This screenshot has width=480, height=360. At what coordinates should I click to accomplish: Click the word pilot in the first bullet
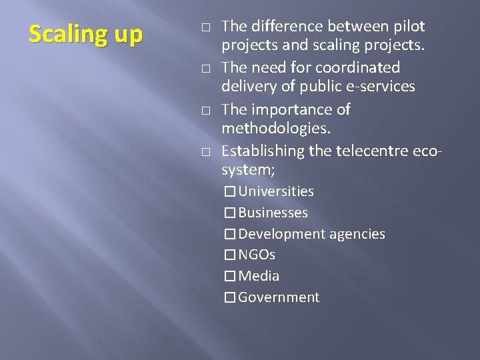[408, 27]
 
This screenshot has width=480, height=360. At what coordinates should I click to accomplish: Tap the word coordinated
[357, 68]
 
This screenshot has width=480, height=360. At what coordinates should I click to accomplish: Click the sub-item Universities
[276, 192]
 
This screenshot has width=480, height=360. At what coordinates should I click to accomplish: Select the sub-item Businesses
[273, 213]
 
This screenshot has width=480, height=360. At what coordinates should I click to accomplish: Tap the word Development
[281, 234]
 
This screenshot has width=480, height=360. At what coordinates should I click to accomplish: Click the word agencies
[356, 235]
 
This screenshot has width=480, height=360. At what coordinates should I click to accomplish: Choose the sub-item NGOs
[257, 255]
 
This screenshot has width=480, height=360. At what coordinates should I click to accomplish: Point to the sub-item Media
[259, 276]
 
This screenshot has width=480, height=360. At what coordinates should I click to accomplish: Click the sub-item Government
[279, 297]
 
